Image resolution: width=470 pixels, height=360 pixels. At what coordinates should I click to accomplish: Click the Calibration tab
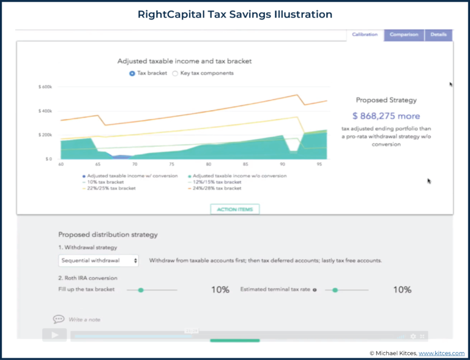coord(365,35)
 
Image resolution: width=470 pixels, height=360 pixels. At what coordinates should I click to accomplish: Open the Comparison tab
coord(403,35)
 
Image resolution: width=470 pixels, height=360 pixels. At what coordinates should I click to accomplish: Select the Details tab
coord(438,35)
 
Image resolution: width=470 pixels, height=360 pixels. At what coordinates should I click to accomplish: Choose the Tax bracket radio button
coord(132,73)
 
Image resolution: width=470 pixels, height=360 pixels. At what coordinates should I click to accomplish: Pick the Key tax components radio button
coord(175,73)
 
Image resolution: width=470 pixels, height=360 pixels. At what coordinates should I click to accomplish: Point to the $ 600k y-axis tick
coord(46,87)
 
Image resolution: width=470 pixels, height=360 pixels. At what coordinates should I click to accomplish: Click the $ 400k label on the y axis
coord(46,111)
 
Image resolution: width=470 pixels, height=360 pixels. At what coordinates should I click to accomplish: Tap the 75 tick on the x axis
coord(172,165)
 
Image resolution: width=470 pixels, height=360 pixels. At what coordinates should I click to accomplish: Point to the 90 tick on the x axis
coord(283,165)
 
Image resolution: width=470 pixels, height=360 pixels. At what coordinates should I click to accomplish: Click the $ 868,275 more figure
coord(386,115)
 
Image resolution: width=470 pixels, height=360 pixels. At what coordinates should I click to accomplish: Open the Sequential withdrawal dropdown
coord(99,260)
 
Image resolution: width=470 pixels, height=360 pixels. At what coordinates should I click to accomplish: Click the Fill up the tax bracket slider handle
coord(141,290)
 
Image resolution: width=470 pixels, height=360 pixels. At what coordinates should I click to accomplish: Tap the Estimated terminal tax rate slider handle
coord(335,290)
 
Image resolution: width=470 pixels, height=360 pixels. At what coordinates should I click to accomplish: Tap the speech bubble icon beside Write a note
coord(59,319)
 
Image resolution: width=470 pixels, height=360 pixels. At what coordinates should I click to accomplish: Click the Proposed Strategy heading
coord(386,100)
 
